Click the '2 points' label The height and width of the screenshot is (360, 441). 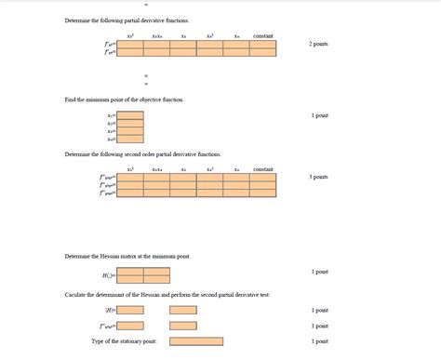coord(318,44)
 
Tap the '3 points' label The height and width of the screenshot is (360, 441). coord(318,177)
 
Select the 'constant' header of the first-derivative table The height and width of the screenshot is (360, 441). coord(263,35)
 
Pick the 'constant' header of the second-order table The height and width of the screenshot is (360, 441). coord(263,169)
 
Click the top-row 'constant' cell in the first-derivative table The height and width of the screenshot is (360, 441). coord(263,44)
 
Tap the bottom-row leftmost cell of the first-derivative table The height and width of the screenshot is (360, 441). coord(131,53)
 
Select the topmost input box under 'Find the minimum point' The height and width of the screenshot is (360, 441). coord(130,115)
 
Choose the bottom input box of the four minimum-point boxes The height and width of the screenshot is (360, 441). coord(130,140)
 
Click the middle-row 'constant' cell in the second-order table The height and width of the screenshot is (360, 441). coord(263,185)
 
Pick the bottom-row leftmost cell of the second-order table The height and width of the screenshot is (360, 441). coord(131,193)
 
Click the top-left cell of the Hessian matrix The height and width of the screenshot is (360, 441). coord(130,272)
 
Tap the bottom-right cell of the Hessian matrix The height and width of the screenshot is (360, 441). coord(156,279)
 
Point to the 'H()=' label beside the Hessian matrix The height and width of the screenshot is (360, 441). coord(109,275)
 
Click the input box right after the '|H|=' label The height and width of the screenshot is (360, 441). coord(130,310)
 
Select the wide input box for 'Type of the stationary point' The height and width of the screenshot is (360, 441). coord(196,341)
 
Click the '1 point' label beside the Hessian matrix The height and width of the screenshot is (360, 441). coord(319,272)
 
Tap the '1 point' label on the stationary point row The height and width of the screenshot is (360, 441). coord(319,341)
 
